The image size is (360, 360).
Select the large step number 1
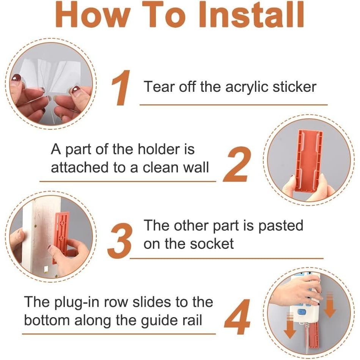pyautogui.click(x=121, y=88)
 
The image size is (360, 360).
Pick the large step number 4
pyautogui.click(x=237, y=316)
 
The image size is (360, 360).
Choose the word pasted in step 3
pyautogui.click(x=281, y=226)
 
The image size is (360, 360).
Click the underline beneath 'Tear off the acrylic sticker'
pyautogui.click(x=234, y=105)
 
